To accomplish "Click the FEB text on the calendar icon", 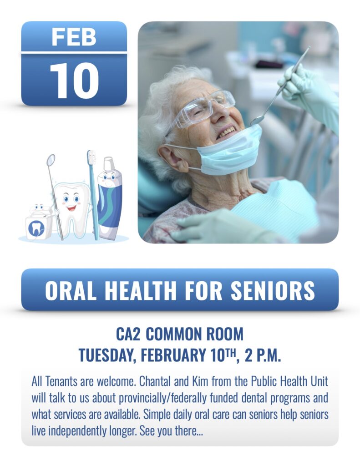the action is [x=74, y=37].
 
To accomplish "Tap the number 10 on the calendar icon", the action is [x=74, y=80].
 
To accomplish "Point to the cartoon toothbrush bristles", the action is [x=91, y=157].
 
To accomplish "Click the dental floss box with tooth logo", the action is [x=38, y=224].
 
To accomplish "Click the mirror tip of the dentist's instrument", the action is [x=257, y=120].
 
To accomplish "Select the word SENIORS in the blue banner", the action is [x=273, y=290].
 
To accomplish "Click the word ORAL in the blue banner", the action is [x=71, y=290].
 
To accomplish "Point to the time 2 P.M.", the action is [x=263, y=355].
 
